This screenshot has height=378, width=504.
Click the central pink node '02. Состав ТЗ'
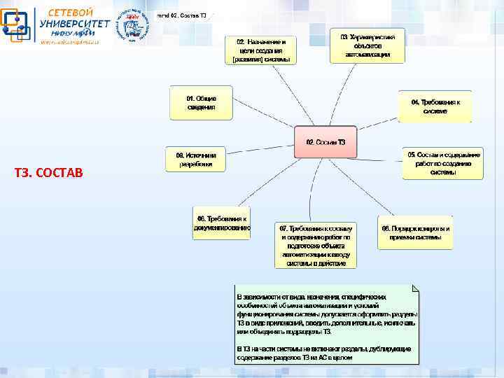[x=325, y=142]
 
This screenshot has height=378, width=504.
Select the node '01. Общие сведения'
[x=201, y=102]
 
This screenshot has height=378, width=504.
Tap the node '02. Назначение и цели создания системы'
[x=260, y=50]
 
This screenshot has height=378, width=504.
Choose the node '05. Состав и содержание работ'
[x=443, y=162]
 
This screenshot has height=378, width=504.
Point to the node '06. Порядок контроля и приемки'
[x=415, y=232]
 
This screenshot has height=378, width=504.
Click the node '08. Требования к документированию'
[x=222, y=223]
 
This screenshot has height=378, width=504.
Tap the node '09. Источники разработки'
[x=196, y=160]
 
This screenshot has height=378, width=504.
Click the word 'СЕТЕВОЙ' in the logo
[x=70, y=13]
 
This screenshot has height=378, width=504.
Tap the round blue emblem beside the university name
[x=132, y=26]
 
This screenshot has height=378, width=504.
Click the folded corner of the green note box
[x=415, y=288]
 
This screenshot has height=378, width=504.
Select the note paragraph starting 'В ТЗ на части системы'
[x=323, y=352]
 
